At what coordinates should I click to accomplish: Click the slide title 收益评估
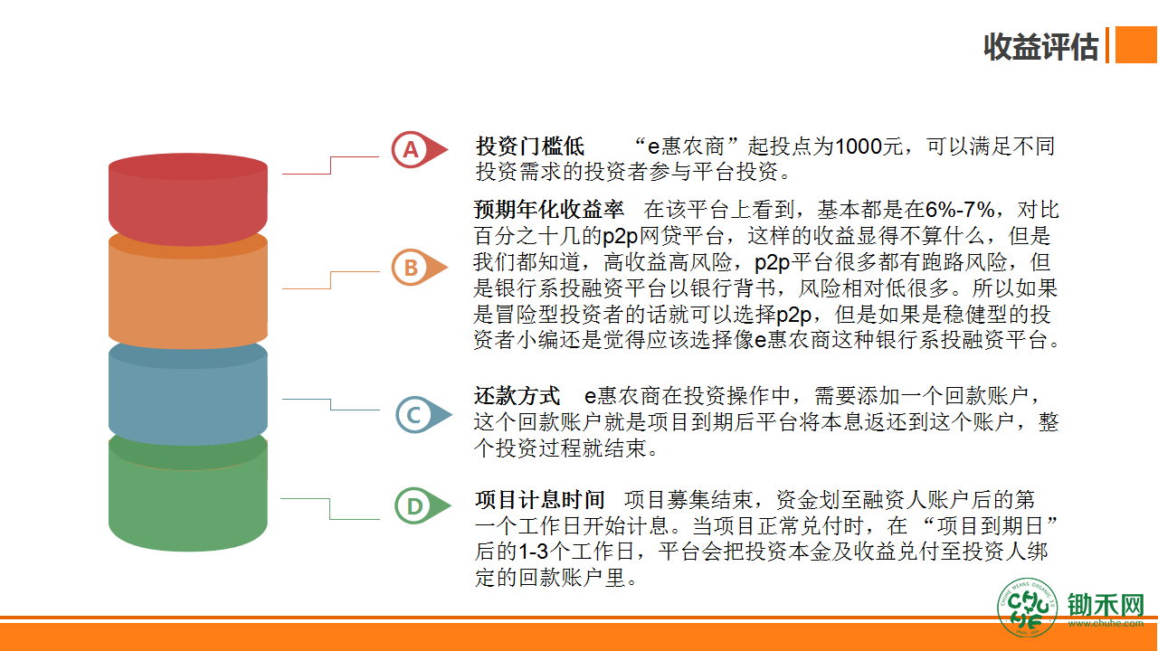(1040, 47)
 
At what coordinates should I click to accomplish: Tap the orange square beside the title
(1136, 44)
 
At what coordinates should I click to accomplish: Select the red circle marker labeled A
(411, 150)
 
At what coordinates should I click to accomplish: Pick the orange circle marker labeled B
(411, 268)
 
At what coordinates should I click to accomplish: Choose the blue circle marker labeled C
(414, 414)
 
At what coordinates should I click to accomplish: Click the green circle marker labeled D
(414, 505)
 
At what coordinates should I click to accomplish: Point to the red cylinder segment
(188, 199)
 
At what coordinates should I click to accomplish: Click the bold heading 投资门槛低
(530, 146)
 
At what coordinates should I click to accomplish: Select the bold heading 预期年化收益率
(549, 210)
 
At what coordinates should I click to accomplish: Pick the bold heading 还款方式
(517, 396)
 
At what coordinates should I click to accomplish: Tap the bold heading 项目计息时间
(540, 500)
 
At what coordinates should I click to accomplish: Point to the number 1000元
(869, 146)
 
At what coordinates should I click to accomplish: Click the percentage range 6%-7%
(960, 210)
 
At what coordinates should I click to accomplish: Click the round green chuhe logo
(1027, 608)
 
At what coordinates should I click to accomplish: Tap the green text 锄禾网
(1106, 605)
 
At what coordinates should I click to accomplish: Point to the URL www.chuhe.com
(1106, 624)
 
